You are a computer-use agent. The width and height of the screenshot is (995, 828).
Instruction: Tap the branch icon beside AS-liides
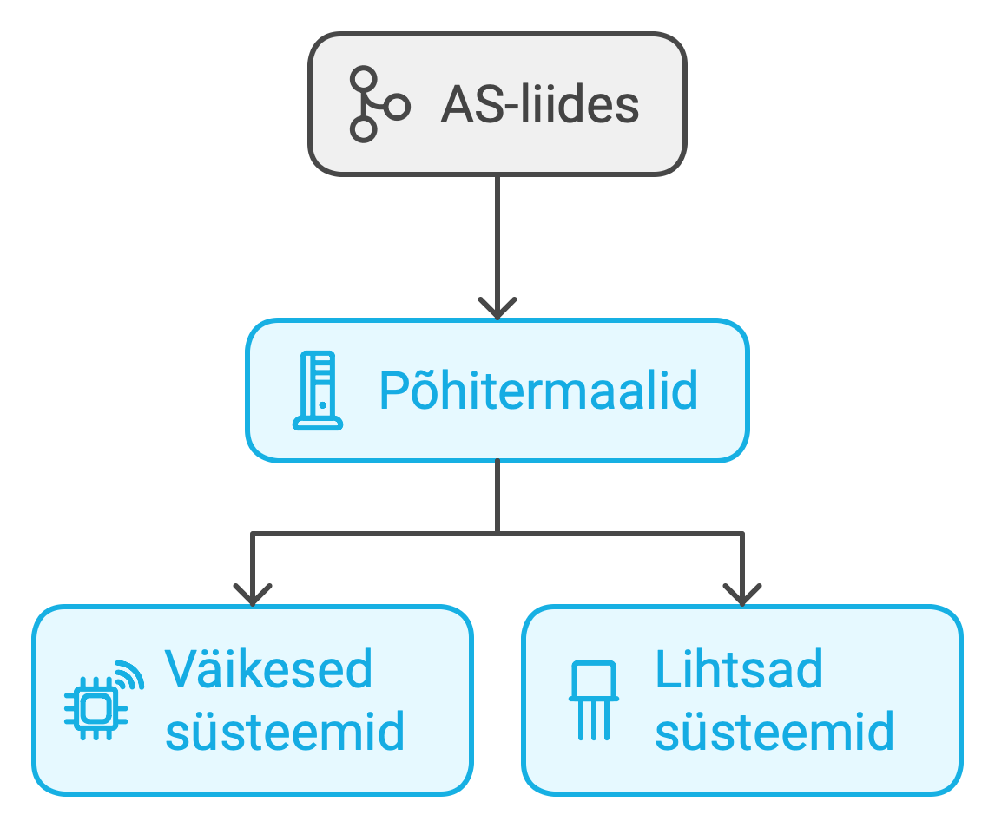377,105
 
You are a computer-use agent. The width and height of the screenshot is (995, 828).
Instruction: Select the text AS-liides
540,105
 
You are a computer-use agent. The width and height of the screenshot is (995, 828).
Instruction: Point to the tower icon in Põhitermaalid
318,391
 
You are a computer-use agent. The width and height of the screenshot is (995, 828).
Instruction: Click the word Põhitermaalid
538,391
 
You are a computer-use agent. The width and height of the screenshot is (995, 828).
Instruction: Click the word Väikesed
269,668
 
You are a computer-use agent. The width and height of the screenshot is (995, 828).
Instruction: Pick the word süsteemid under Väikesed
285,731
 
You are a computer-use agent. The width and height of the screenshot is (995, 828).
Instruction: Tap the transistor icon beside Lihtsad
594,700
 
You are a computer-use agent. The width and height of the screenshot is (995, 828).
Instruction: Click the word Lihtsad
739,668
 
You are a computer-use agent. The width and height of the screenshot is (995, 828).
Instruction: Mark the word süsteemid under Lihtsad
774,731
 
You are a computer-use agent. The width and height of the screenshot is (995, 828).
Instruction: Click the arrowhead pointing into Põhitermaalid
497,309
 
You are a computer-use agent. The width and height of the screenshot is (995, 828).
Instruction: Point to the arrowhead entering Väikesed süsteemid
252,595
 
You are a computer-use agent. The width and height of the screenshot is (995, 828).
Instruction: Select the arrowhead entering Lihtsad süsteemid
741,595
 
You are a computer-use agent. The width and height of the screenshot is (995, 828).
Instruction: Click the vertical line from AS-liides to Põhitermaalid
497,234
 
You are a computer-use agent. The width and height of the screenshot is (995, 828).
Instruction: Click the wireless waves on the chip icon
129,673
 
